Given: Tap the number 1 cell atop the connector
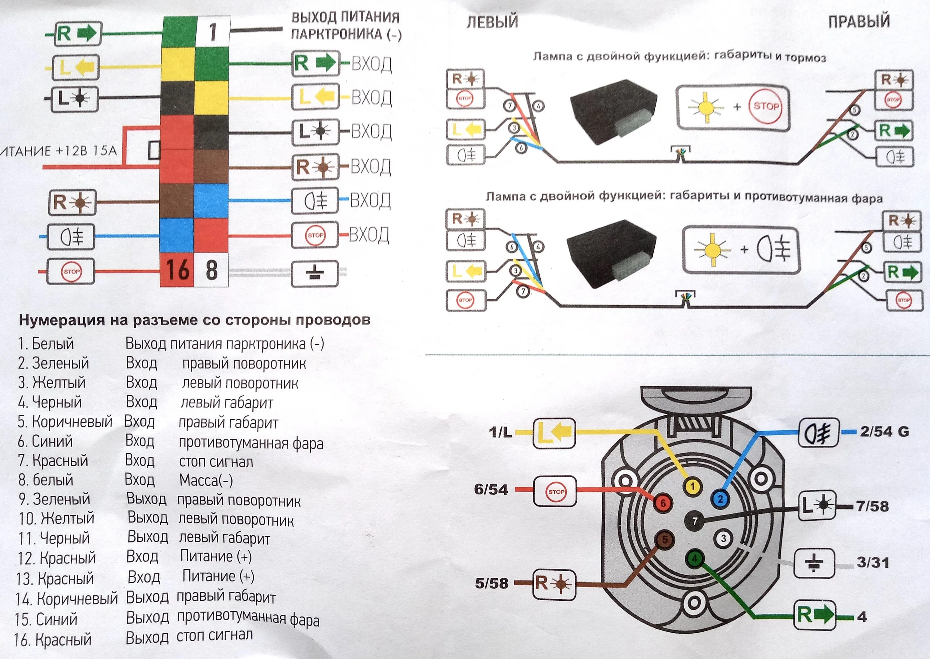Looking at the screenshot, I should point(213,32).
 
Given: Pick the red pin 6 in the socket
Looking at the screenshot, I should point(663,503).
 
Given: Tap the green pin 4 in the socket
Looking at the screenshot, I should point(695,559).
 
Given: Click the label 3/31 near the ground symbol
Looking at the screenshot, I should point(873,563).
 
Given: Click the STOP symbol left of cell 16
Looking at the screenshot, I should point(71,271).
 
